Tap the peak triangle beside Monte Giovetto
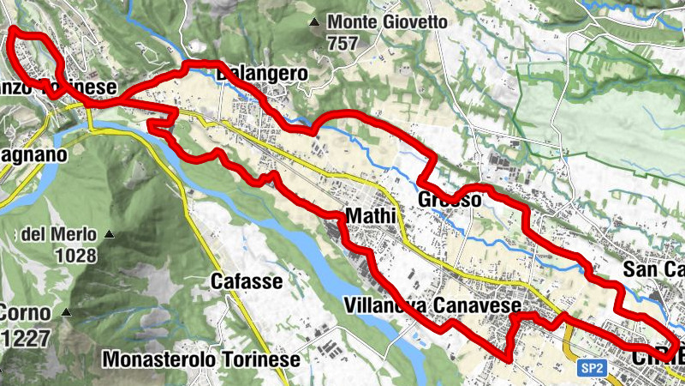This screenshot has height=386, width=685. click(315, 21)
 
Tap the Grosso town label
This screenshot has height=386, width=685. click(450, 200)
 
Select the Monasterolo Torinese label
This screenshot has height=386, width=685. click(200, 359)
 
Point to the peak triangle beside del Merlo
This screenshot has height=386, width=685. click(110, 234)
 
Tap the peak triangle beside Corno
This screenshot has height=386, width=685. click(65, 312)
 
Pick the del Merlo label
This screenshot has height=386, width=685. click(57, 234)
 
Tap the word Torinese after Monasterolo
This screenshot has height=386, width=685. click(257, 359)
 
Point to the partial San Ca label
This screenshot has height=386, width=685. click(653, 269)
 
